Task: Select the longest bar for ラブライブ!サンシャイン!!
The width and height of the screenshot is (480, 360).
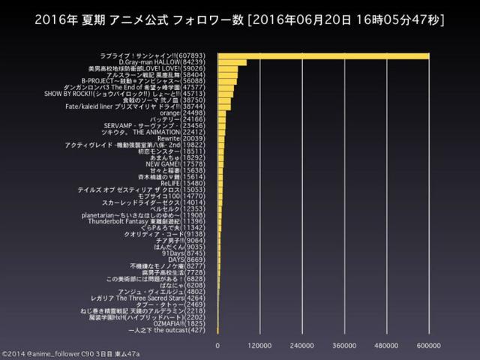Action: point(322,55)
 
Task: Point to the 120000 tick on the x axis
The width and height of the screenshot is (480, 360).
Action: point(259,345)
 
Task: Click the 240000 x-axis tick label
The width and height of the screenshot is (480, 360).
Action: point(301,345)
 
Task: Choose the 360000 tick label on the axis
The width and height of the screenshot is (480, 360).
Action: point(344,345)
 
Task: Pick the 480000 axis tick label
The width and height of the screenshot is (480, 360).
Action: point(386,345)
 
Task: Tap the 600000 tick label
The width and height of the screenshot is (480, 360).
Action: point(428,345)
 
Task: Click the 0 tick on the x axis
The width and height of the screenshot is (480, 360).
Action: point(217,345)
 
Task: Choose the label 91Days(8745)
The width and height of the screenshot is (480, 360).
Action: point(194,253)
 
